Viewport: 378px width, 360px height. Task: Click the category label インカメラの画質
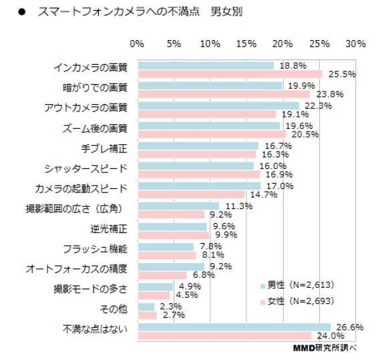94,68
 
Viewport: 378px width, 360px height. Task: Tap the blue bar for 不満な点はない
234,327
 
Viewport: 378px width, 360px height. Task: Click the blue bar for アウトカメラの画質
218,106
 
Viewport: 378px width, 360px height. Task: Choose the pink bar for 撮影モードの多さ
154,295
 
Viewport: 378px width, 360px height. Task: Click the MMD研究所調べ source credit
325,349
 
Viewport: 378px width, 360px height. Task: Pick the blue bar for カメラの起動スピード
199,186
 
